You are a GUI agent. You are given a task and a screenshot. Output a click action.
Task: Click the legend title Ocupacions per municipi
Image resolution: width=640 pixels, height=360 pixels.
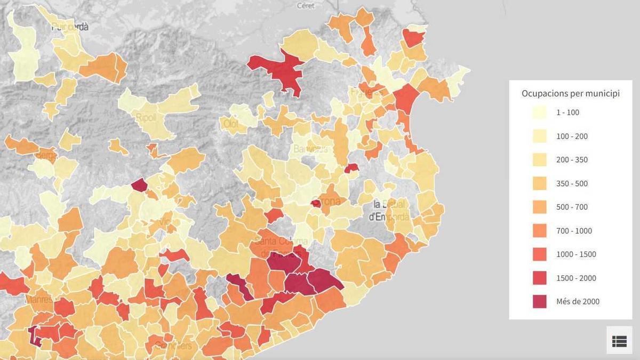[x=570, y=94]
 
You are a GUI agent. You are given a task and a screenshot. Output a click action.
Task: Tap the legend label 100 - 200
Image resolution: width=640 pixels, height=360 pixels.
[x=572, y=137]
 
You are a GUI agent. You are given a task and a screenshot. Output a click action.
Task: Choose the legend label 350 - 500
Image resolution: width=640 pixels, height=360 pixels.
[x=572, y=183]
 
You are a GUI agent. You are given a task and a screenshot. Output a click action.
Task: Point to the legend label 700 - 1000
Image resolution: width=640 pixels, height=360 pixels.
[x=574, y=231]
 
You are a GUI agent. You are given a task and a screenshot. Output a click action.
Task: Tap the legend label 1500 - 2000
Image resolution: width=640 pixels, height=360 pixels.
[x=576, y=278]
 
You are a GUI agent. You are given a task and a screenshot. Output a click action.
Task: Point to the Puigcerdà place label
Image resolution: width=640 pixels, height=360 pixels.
[x=70, y=27]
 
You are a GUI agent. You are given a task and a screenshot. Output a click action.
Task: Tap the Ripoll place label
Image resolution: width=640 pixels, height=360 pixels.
[x=146, y=117]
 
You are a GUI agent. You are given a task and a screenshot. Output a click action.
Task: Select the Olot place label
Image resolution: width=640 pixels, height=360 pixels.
[x=231, y=124]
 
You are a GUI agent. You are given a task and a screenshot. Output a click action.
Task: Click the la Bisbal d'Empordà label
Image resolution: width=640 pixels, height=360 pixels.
[x=390, y=211]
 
